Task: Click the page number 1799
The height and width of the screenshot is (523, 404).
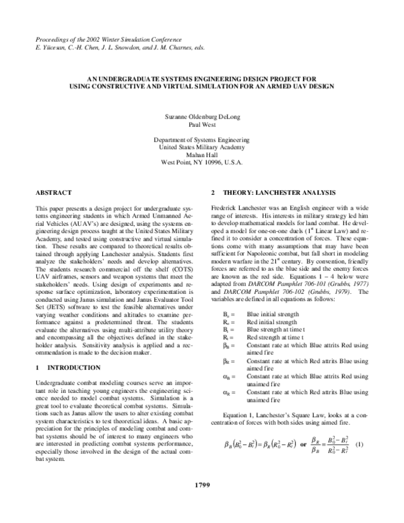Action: pos(202,502)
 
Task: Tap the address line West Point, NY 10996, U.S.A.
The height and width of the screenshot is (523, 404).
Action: pos(202,162)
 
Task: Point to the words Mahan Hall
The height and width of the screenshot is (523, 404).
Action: pos(202,155)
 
